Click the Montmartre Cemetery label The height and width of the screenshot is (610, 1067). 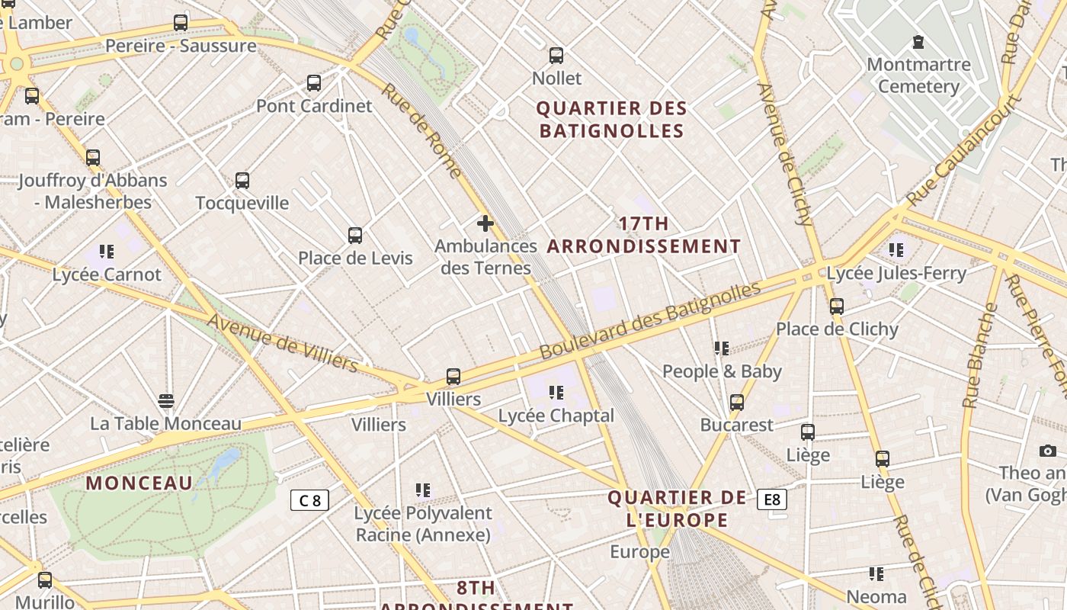coord(918,75)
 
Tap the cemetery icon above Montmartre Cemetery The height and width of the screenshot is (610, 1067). coord(918,42)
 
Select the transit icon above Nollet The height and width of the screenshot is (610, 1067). coord(556,56)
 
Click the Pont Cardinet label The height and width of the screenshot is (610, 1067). coord(314,106)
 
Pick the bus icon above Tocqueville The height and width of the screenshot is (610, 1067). coord(242,181)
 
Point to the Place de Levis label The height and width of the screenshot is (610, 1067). coord(355,258)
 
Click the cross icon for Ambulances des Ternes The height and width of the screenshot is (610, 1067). coord(485,223)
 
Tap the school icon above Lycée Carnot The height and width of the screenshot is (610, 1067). coord(107,252)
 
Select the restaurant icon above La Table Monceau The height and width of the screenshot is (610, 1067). coord(166,401)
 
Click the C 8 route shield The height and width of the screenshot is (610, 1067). coord(310,500)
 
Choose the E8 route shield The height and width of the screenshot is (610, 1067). coord(771,499)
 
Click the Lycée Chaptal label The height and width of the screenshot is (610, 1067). coord(556,416)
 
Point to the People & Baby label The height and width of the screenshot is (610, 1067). coord(722,371)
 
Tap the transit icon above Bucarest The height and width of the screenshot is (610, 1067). coord(737,403)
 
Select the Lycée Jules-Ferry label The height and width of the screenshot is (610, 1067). coord(896,273)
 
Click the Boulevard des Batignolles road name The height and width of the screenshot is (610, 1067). coord(650,321)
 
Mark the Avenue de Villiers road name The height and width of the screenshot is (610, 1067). coord(282,344)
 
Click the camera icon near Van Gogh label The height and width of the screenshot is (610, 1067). coord(1048,451)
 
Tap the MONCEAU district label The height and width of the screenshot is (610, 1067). coord(139,483)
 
